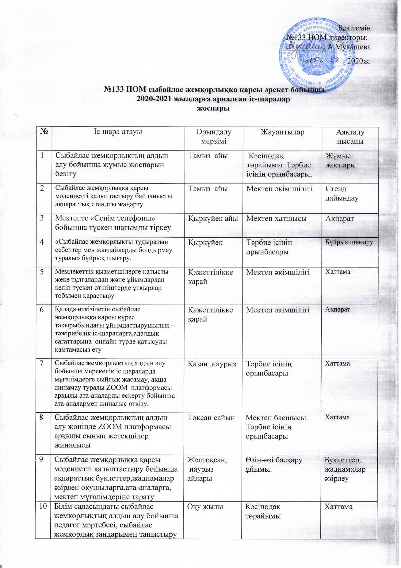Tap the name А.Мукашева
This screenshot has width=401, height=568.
pyautogui.click(x=349, y=47)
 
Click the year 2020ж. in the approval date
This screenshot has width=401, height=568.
pyautogui.click(x=359, y=60)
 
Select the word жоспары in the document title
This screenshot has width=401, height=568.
pyautogui.click(x=213, y=108)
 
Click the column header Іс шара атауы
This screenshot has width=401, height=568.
pyautogui.click(x=118, y=132)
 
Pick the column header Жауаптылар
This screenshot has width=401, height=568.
pyautogui.click(x=282, y=132)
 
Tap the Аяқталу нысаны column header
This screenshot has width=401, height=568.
pyautogui.click(x=350, y=137)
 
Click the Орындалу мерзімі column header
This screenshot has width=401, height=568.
pyautogui.click(x=214, y=137)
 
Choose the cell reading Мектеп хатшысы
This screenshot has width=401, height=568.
pyautogui.click(x=276, y=218)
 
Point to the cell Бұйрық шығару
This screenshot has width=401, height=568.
pyautogui.click(x=349, y=242)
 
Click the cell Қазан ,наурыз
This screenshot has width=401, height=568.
pyautogui.click(x=212, y=364)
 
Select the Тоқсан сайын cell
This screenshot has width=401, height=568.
pyautogui.click(x=211, y=418)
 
